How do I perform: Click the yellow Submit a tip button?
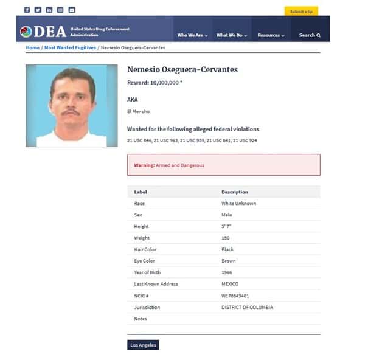(300, 11)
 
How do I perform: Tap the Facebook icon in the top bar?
(27, 10)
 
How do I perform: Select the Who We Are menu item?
(192, 35)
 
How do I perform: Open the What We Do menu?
(232, 35)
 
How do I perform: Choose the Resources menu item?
(271, 35)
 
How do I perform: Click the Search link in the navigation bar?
(310, 35)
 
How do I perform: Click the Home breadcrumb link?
(32, 47)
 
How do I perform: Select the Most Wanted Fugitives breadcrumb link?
(70, 47)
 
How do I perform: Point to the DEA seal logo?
(26, 32)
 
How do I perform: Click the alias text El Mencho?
(138, 111)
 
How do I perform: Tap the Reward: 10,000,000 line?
(155, 83)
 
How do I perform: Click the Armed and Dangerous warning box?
(223, 165)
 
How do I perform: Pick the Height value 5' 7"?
(226, 226)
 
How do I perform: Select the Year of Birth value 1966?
(226, 272)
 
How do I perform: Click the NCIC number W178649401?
(235, 296)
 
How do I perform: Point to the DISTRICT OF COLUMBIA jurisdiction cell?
(247, 307)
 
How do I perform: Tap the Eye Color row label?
(145, 261)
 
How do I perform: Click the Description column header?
(235, 192)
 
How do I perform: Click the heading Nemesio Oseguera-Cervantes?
(182, 69)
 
